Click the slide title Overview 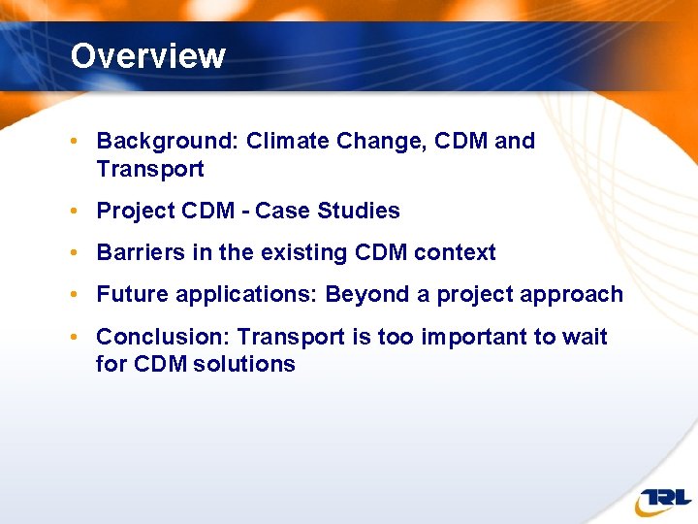[147, 55]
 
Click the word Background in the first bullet [165, 142]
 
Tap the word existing [304, 253]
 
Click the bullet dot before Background [75, 142]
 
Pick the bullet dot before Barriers [75, 253]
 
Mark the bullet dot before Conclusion [75, 338]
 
